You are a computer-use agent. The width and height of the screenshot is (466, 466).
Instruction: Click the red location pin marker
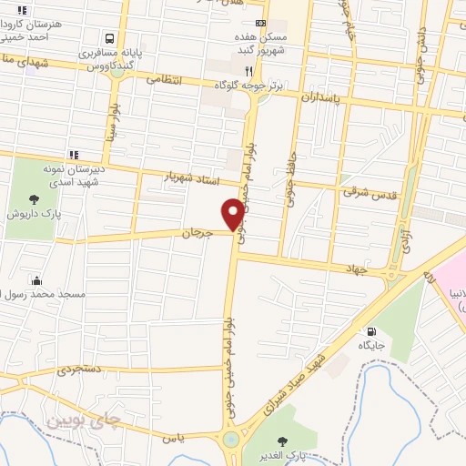[233, 214]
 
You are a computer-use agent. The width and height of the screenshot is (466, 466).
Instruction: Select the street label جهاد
[354, 268]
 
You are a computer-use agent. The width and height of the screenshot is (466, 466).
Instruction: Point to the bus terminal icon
[109, 39]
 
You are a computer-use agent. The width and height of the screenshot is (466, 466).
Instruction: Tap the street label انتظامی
[164, 80]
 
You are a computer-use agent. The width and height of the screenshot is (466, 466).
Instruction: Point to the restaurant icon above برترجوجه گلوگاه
[248, 70]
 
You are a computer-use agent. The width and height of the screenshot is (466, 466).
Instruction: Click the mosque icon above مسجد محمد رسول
[35, 280]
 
